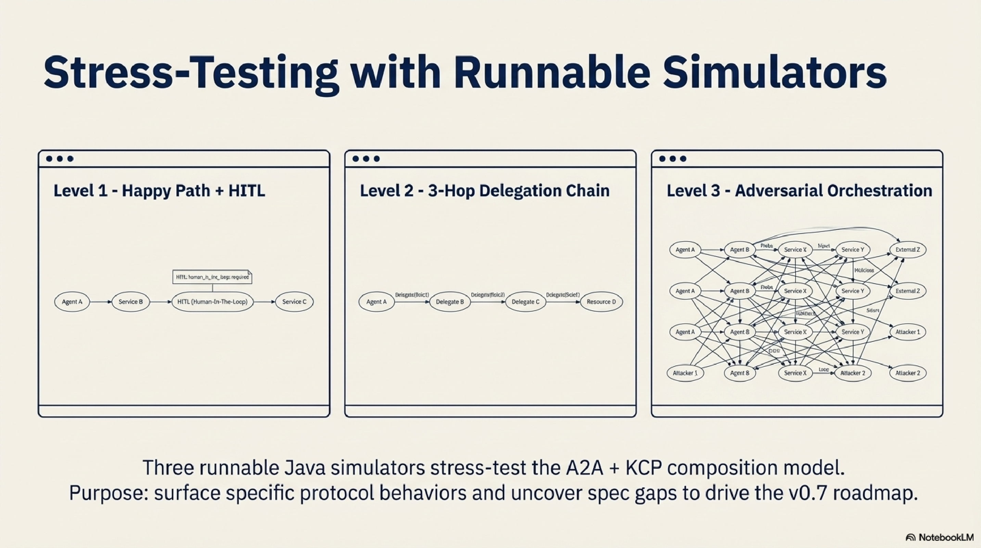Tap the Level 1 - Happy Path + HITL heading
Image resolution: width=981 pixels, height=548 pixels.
coord(159,190)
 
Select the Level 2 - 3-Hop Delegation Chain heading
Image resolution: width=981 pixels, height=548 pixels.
coord(484,190)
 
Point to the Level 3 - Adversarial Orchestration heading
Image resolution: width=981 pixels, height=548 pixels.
coord(799,190)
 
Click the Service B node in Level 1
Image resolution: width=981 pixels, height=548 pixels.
coord(131,302)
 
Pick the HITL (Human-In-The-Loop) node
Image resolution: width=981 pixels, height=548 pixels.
coord(213,302)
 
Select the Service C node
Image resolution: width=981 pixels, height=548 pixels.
coord(294,302)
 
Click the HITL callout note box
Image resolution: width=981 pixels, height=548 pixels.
coord(212,277)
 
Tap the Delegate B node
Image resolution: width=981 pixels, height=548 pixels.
coord(450,302)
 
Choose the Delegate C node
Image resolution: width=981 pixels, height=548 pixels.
coord(525,302)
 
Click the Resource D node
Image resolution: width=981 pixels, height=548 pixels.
coord(601,302)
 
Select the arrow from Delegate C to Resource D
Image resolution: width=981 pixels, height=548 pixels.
coord(563,302)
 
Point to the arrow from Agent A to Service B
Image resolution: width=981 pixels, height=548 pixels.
coord(101,302)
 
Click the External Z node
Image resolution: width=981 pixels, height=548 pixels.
coord(907,250)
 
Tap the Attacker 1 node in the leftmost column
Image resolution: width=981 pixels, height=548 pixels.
coord(685,373)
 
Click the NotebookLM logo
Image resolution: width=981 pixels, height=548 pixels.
coord(939,537)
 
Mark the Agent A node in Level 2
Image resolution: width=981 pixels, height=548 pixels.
coord(376,302)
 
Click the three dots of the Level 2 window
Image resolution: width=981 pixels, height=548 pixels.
coord(366,159)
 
